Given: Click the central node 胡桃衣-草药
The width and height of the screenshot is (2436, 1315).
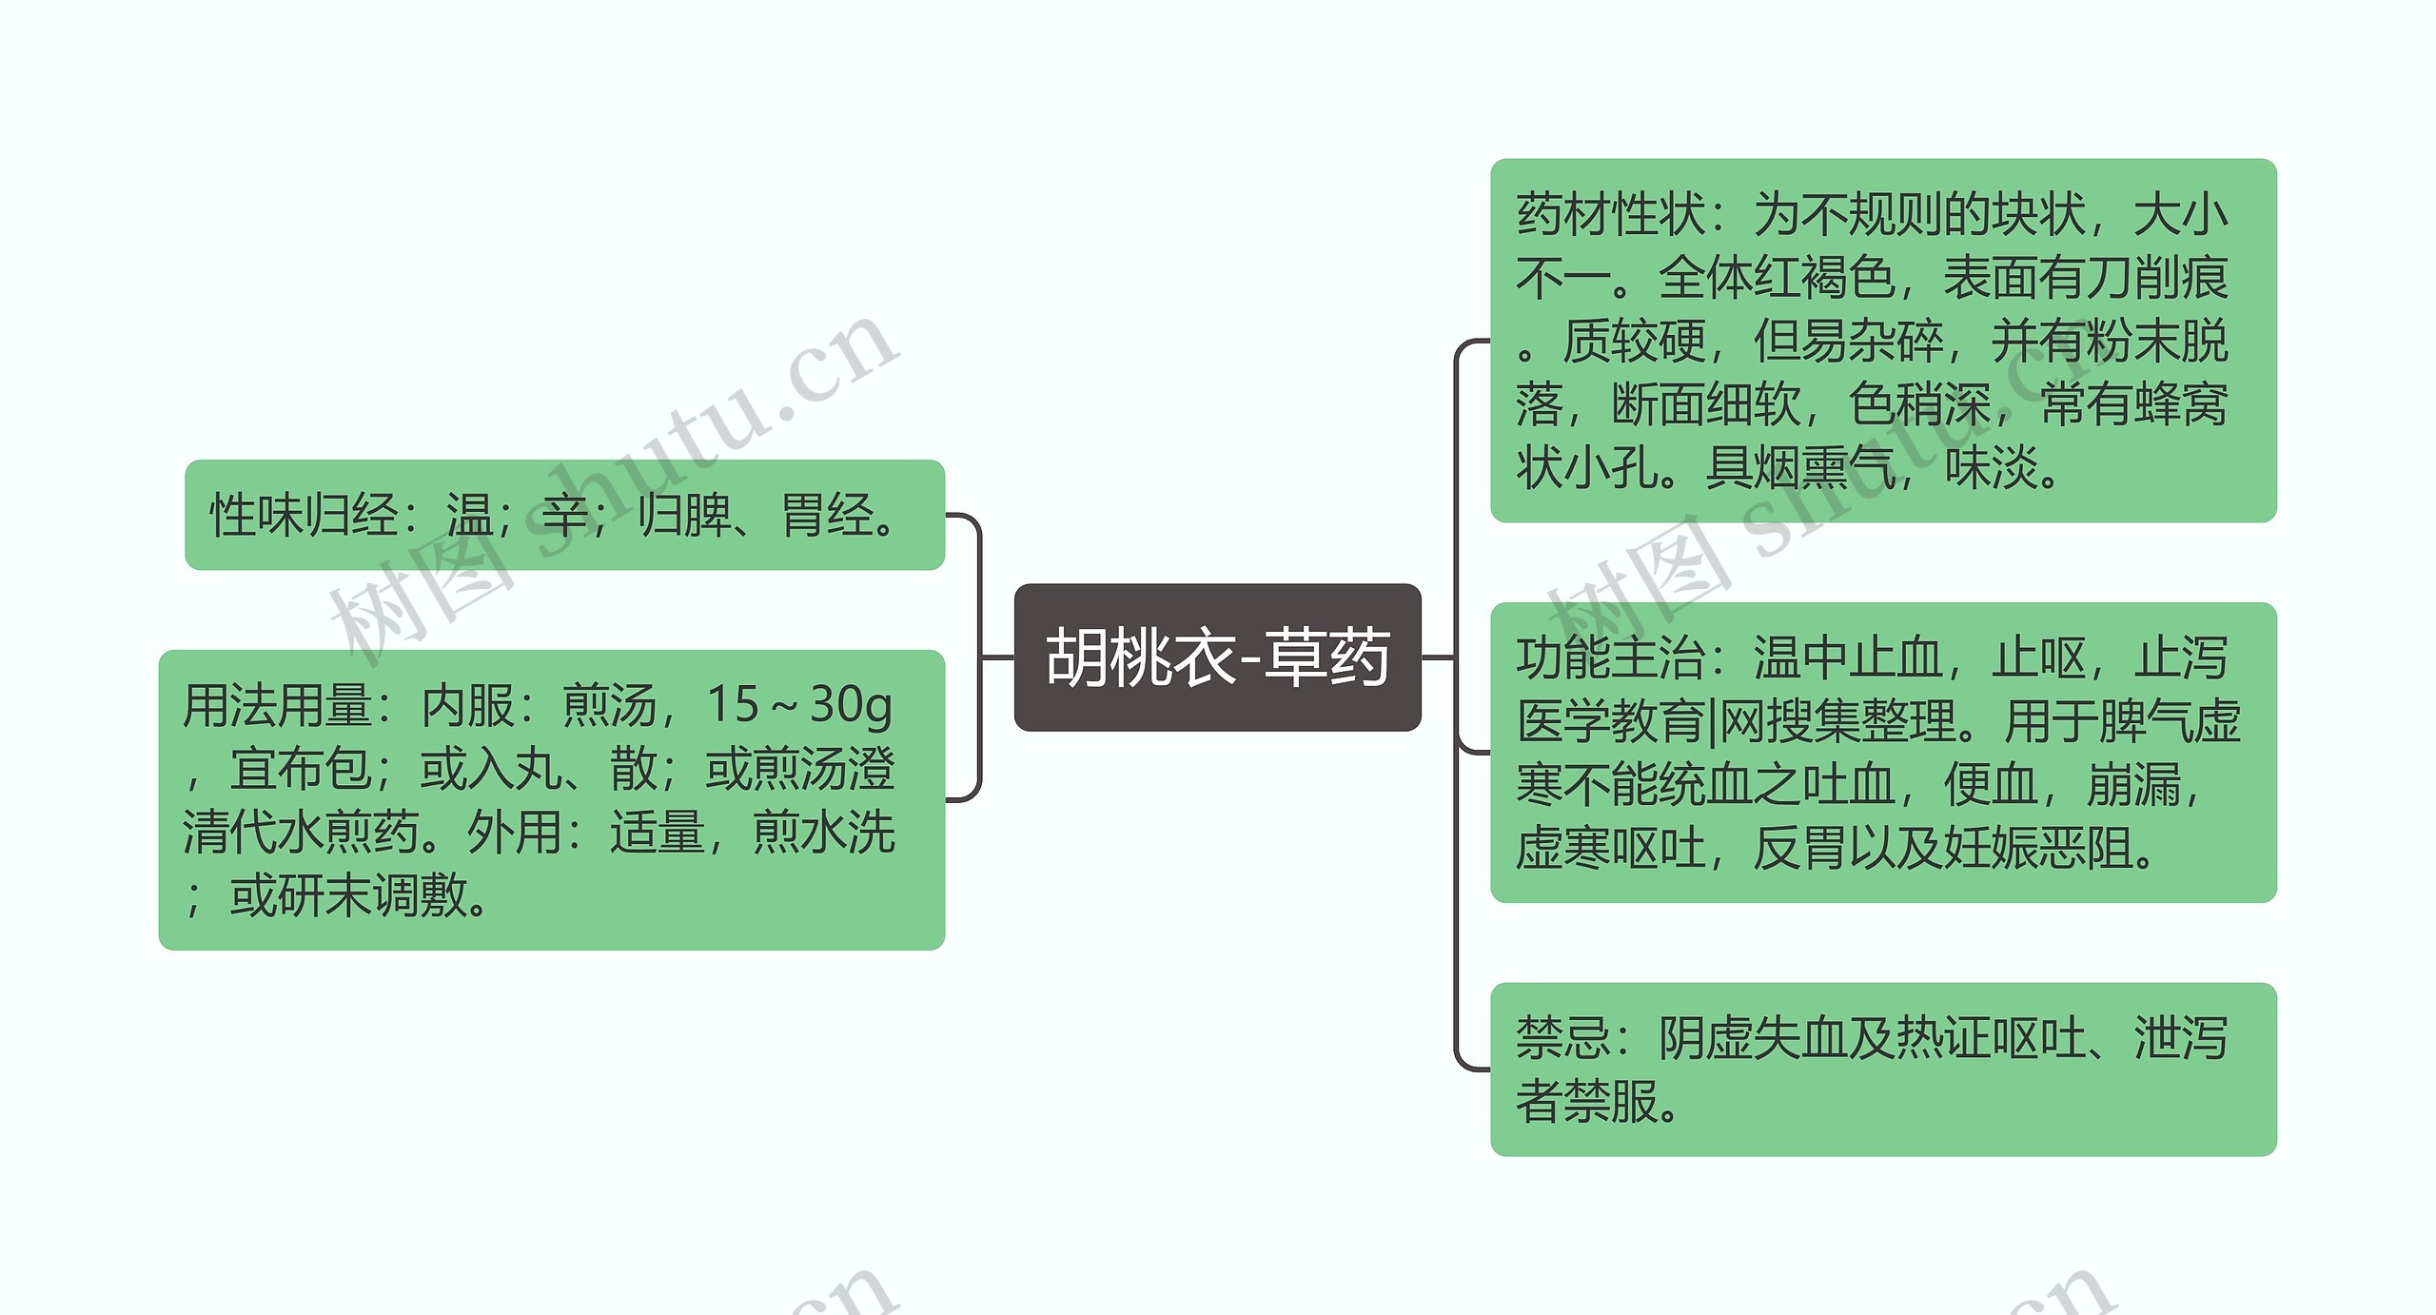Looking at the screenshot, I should tap(1217, 657).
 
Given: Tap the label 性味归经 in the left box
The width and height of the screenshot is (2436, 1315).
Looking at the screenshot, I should tap(303, 517).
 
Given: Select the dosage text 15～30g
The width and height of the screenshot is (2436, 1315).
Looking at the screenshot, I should tap(798, 705).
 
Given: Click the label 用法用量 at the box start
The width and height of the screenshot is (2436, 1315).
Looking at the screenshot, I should tap(276, 706).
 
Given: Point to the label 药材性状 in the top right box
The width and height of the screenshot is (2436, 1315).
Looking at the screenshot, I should tap(1610, 214).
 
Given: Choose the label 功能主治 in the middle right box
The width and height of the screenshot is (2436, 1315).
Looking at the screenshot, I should tap(1610, 658).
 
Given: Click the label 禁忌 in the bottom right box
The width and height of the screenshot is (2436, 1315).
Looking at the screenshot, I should tap(1562, 1038).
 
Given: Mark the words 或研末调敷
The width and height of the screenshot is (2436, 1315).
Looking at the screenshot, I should tap(347, 896).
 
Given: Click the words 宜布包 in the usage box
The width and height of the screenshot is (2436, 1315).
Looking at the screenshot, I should tap(300, 769).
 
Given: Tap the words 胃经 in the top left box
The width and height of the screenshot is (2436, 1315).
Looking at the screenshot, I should tap(826, 517).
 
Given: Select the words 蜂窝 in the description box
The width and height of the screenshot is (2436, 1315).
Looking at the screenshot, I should tap(2181, 404).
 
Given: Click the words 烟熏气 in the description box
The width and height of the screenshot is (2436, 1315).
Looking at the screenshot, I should tap(1800, 468).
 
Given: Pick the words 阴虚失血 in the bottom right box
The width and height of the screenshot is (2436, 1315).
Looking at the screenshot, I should tap(1753, 1038).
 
